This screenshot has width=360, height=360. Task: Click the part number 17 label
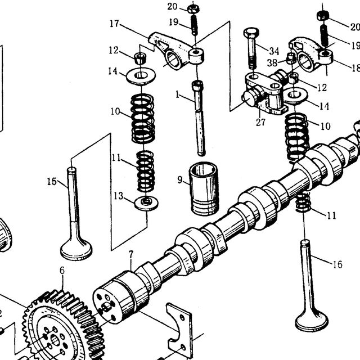point(114,24)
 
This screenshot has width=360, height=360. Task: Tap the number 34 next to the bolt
point(274,51)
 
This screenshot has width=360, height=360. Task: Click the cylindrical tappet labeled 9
point(203,189)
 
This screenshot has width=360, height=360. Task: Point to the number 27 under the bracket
point(260,122)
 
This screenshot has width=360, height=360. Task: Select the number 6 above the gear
point(62,271)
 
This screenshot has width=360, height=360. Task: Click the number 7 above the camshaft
point(131,254)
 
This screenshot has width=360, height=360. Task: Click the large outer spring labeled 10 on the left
point(142,119)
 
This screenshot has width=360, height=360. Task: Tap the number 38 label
point(272,62)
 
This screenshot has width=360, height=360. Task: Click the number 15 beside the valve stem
point(52,181)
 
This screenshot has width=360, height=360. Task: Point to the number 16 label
point(337,264)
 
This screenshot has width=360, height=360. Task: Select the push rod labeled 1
point(199,118)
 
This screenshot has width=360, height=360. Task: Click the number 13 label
point(119,196)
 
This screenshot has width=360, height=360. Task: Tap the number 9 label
point(180,180)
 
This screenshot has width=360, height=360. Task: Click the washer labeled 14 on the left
point(141,76)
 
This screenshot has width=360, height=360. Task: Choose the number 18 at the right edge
point(356,68)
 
